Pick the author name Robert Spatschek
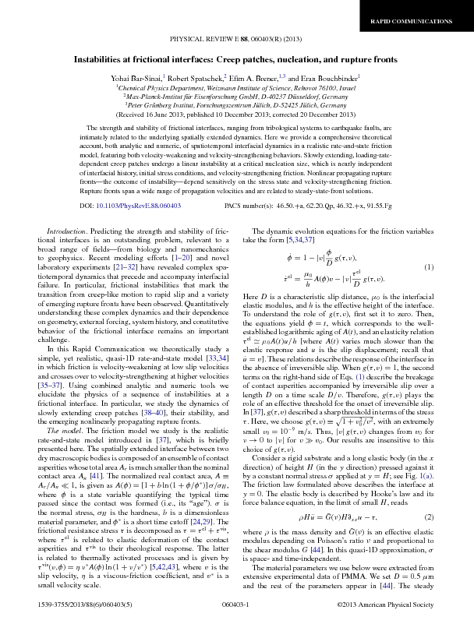pyautogui.click(x=195, y=78)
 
